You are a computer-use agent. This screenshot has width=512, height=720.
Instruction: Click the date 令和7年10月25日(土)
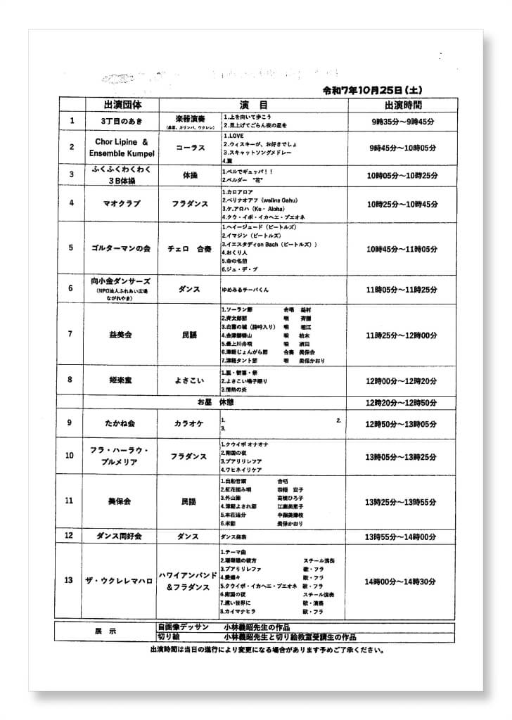point(372,91)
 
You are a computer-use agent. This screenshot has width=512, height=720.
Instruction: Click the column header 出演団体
point(122,104)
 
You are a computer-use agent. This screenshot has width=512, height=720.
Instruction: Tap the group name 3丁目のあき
point(121,121)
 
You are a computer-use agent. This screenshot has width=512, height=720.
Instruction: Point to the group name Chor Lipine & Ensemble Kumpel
point(121,147)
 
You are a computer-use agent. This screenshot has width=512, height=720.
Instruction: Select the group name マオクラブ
point(121,203)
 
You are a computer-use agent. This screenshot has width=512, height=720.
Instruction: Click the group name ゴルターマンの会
point(121,249)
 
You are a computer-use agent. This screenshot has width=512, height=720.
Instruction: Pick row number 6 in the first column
point(70,288)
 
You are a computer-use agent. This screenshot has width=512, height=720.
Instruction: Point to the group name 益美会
point(121,334)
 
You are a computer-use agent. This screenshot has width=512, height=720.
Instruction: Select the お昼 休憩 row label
point(215,401)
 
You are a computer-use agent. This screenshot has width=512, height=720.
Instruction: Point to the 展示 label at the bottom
point(105,631)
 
